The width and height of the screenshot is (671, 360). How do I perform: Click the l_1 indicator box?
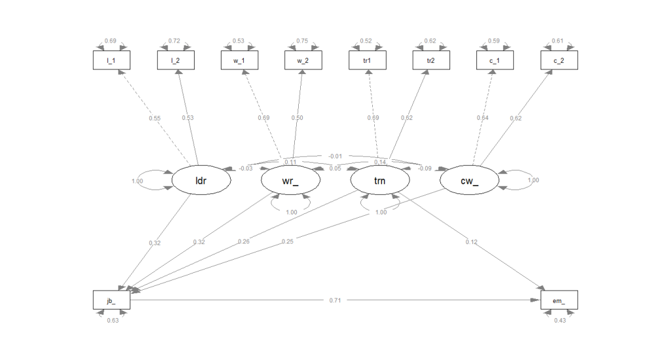(111, 60)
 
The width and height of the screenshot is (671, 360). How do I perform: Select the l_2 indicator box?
(175, 60)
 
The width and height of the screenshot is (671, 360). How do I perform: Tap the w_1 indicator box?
(239, 60)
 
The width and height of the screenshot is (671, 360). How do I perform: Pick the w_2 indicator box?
(303, 60)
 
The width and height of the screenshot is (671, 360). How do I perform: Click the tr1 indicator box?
(367, 60)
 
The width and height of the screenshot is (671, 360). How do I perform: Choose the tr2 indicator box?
(431, 60)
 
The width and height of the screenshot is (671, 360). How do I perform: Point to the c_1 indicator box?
(495, 60)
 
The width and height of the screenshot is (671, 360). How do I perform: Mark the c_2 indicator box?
(559, 60)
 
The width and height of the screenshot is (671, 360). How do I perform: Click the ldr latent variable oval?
(201, 180)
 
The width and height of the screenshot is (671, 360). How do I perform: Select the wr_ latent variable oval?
(291, 180)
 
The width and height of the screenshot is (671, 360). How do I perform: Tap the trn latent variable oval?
(380, 180)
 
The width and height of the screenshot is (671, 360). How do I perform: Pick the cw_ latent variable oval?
(470, 180)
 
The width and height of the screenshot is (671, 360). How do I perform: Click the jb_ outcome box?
(111, 300)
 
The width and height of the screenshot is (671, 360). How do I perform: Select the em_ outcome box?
(559, 300)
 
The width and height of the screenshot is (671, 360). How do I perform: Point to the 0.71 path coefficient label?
(335, 300)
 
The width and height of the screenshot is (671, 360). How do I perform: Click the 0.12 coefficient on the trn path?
(472, 243)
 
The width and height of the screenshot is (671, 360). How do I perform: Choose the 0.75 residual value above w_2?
(303, 41)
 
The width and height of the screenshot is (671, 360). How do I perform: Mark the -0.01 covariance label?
(335, 155)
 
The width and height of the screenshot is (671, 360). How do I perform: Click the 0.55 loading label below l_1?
(155, 119)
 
